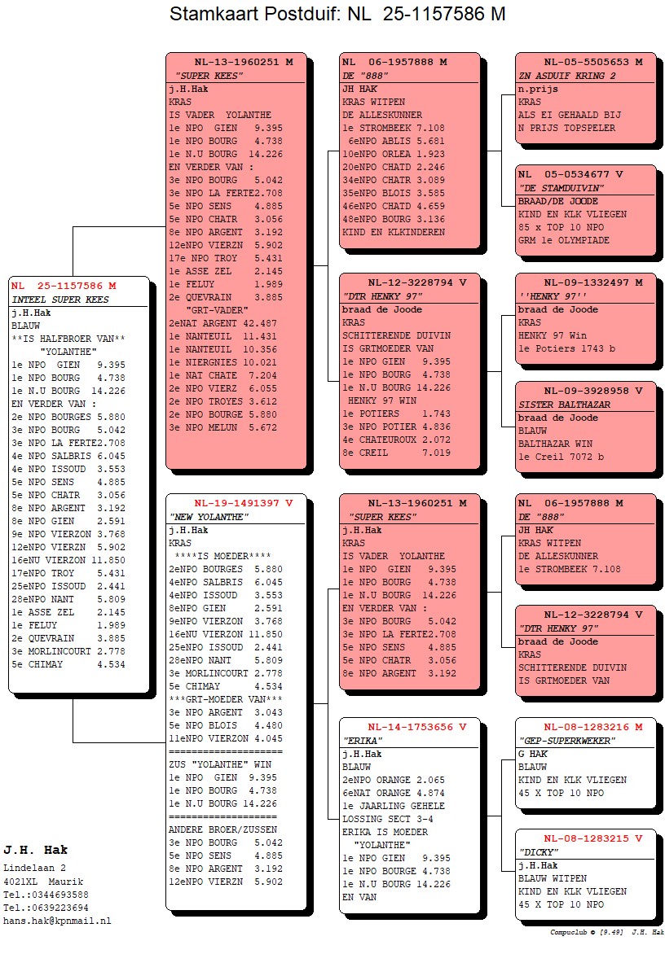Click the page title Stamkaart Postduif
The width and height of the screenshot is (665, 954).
255,13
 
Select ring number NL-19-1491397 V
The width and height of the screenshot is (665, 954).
243,503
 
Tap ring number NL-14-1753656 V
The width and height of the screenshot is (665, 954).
416,727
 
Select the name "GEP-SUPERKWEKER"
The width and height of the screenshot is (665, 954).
567,741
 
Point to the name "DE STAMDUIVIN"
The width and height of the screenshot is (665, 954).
562,188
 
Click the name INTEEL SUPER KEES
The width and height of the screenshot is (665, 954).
60,300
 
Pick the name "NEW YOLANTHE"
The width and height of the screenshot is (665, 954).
209,517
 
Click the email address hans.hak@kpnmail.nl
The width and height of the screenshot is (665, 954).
57,921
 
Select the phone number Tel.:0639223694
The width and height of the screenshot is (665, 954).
46,908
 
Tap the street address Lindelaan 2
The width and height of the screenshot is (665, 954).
35,869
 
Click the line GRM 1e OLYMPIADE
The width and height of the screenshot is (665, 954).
564,240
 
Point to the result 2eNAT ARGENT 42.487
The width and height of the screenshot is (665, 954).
222,323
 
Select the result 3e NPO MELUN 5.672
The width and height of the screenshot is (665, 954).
222,427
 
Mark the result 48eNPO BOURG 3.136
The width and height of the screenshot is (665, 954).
394,219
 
